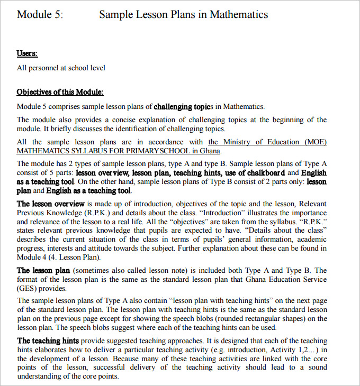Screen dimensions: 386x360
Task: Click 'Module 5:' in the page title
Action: click(x=40, y=14)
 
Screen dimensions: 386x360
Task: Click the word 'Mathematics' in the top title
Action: click(x=239, y=14)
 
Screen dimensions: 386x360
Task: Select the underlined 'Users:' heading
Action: click(x=27, y=54)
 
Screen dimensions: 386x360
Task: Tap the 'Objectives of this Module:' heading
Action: click(x=60, y=92)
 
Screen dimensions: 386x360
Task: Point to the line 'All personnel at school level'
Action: click(x=61, y=68)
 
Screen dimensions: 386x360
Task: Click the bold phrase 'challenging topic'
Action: click(x=182, y=106)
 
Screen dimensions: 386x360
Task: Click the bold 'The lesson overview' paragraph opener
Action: click(x=50, y=204)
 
